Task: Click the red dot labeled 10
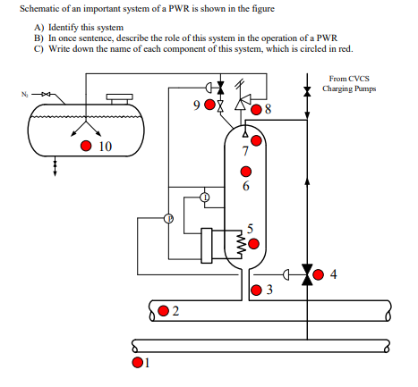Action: (86, 146)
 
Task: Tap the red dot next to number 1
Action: (137, 362)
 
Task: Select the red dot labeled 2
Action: (163, 311)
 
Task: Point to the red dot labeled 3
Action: (256, 290)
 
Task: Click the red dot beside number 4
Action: (319, 274)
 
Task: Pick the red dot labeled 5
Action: (253, 244)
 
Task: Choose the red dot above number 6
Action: (246, 172)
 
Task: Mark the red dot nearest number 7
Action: (256, 140)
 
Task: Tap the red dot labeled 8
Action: (256, 109)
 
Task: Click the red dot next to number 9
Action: (209, 105)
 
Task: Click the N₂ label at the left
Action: (24, 95)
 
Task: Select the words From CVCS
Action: (349, 79)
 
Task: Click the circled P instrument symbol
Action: (169, 218)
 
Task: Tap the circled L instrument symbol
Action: (205, 198)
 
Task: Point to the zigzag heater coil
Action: (241, 245)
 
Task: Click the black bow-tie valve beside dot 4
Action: (307, 274)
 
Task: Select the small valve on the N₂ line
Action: (46, 95)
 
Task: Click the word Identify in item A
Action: (64, 28)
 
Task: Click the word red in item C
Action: (345, 48)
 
